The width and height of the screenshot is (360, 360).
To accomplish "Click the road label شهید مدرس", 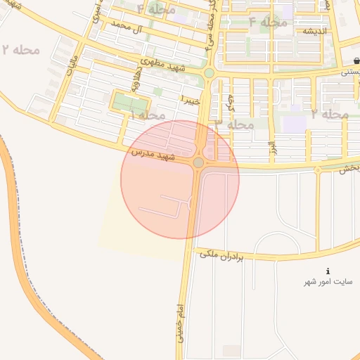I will (x=153, y=155).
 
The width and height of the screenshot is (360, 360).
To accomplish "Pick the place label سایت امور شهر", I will (x=328, y=282).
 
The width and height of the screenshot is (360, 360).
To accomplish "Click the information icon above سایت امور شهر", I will (x=328, y=271).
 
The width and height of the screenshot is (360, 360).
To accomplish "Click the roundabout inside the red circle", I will (x=199, y=163).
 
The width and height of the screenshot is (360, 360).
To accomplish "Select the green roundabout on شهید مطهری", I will (x=209, y=72).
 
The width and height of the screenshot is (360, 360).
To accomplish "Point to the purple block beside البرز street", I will (x=295, y=124).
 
